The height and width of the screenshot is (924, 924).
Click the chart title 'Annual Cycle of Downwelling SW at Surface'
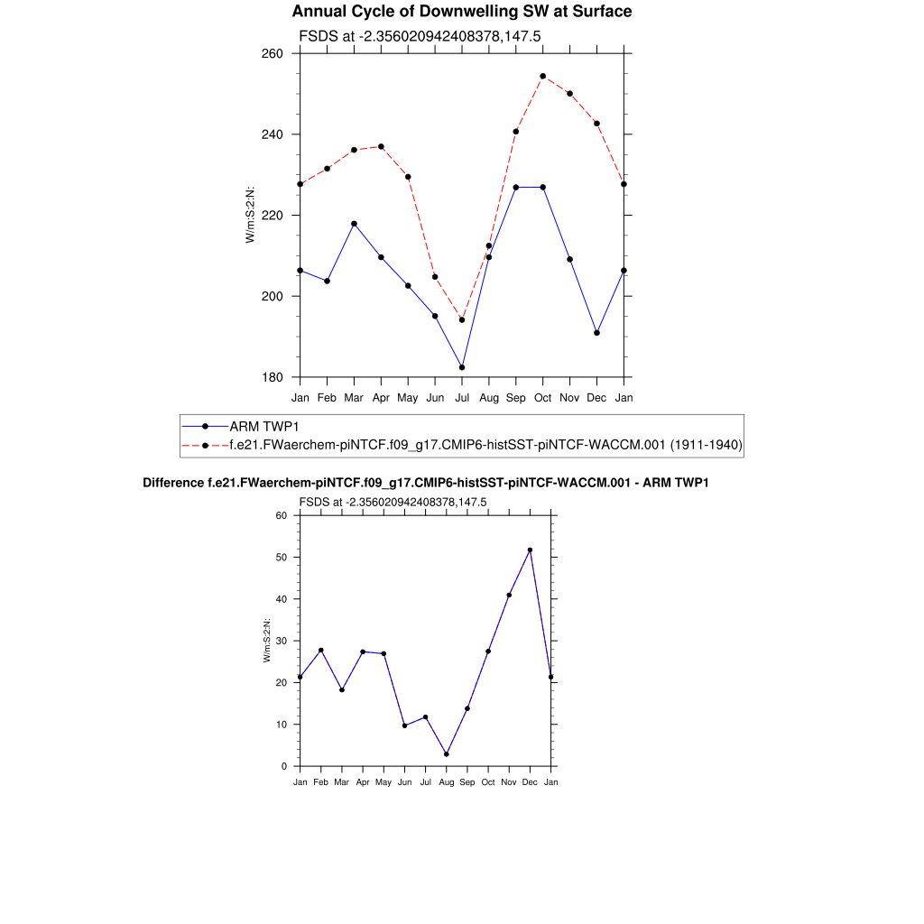coord(461,12)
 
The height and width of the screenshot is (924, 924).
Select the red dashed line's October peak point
coord(542,76)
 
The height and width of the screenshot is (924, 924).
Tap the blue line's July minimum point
coord(462,367)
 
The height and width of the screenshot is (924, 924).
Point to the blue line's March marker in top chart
coord(354,223)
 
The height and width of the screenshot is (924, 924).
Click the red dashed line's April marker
coord(381,146)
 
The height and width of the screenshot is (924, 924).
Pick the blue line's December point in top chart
coord(596,333)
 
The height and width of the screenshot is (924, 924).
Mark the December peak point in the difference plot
coord(530,550)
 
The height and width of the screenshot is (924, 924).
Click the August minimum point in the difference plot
coord(446,754)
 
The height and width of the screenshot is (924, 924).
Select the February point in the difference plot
coord(320,650)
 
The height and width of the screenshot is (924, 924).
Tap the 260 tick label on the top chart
coord(273,53)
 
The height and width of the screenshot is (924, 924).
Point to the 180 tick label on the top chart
coord(273,377)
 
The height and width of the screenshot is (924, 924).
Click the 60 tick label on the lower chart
coord(281,515)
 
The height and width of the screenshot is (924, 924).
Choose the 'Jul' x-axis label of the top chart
coord(462,397)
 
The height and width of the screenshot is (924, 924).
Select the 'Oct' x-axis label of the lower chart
coord(488,781)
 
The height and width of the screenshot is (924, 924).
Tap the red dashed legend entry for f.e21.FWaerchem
coord(485,445)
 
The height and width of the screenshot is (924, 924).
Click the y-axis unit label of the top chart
coord(250,215)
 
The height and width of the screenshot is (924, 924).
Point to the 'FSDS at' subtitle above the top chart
coord(419,36)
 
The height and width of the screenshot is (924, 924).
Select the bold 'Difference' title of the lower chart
coord(426,483)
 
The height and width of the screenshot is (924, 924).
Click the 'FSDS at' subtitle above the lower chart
coord(393,502)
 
